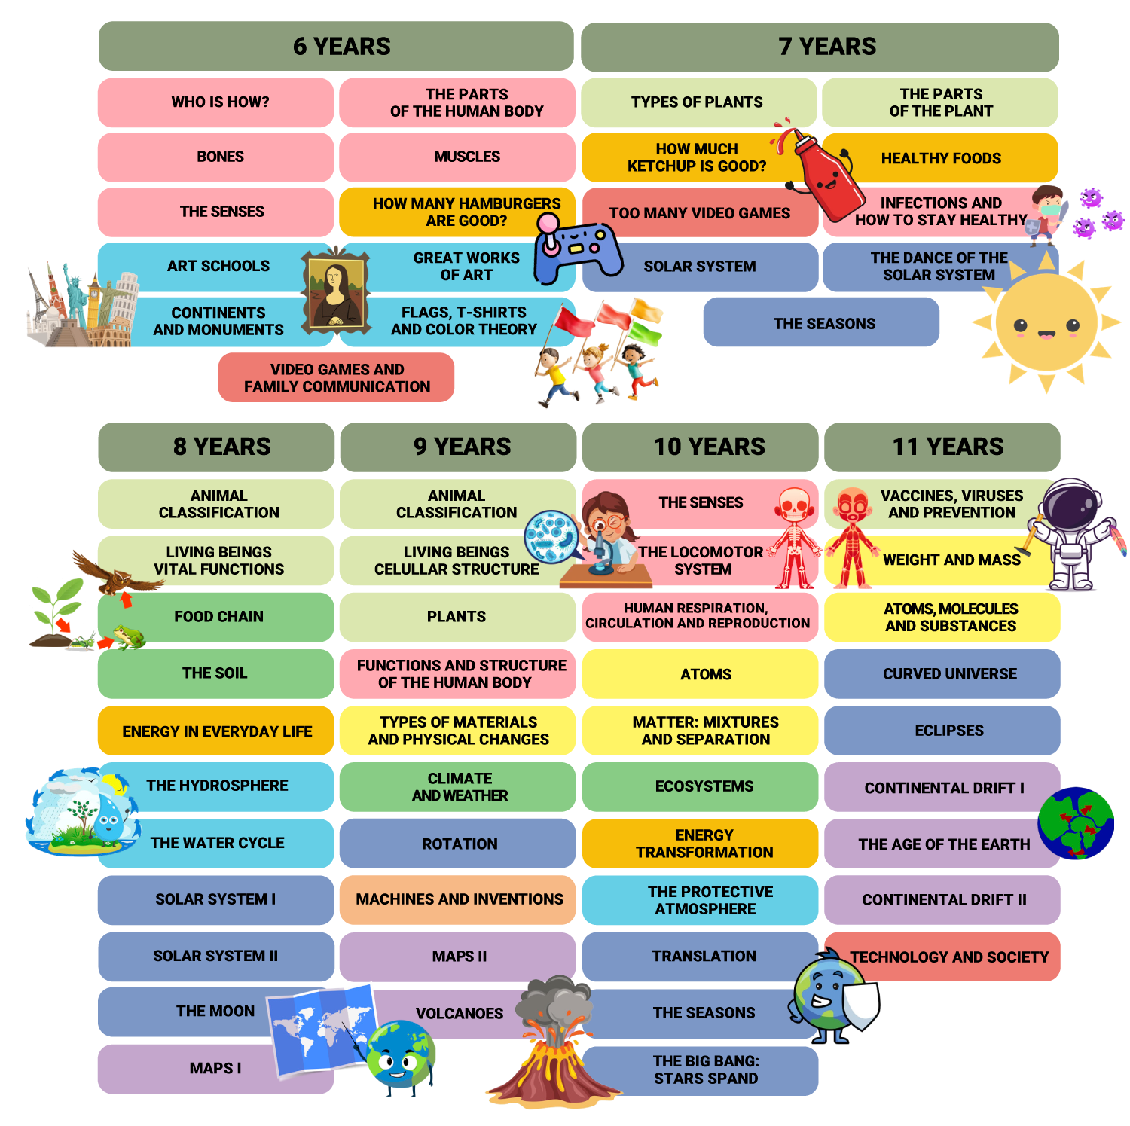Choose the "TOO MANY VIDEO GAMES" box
(699, 214)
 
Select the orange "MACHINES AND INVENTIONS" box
(458, 899)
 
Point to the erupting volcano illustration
(554, 1047)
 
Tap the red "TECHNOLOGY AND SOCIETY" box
(948, 957)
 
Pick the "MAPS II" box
(458, 957)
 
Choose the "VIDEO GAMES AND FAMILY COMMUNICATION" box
(336, 377)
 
